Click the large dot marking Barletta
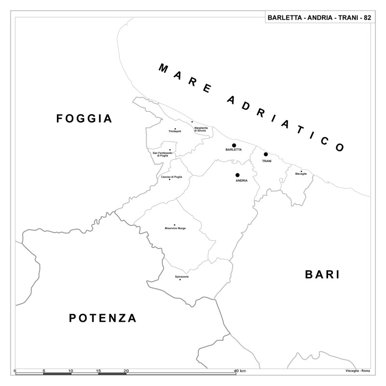pyautogui.click(x=234, y=145)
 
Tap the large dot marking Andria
pyautogui.click(x=237, y=175)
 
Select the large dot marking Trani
pyautogui.click(x=266, y=154)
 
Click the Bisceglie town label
pyautogui.click(x=301, y=174)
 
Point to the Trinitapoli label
pyautogui.click(x=175, y=131)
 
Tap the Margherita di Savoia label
pyautogui.click(x=201, y=129)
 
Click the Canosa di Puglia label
pyautogui.click(x=172, y=177)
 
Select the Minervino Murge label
pyautogui.click(x=175, y=228)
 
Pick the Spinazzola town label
pyautogui.click(x=182, y=276)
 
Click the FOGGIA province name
pyautogui.click(x=84, y=119)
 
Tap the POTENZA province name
pyautogui.click(x=103, y=318)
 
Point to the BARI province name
pyautogui.click(x=323, y=275)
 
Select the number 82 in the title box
pyautogui.click(x=367, y=18)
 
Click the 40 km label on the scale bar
pyautogui.click(x=240, y=371)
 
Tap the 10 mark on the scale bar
pyautogui.click(x=70, y=371)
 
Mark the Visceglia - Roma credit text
pyautogui.click(x=358, y=370)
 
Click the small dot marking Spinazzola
pyautogui.click(x=180, y=280)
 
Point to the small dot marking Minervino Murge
pyautogui.click(x=175, y=225)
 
